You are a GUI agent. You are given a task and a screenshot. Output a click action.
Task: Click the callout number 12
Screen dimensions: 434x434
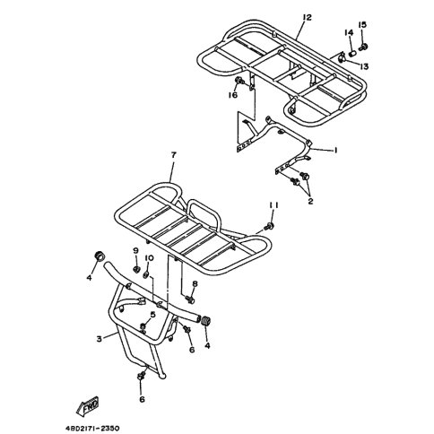pyautogui.click(x=307, y=17)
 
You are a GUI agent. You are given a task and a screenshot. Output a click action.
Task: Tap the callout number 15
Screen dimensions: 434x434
pyautogui.click(x=362, y=24)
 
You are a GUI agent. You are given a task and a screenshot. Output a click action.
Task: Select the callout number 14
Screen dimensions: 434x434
pyautogui.click(x=349, y=32)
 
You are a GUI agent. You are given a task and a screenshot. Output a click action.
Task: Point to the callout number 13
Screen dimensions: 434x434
pyautogui.click(x=364, y=66)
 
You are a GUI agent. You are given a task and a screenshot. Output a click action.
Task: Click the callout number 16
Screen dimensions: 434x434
pyautogui.click(x=233, y=95)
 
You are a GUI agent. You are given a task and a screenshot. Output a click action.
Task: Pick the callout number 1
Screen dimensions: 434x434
pyautogui.click(x=335, y=150)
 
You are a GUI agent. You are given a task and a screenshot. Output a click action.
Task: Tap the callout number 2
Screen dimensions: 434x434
pyautogui.click(x=310, y=201)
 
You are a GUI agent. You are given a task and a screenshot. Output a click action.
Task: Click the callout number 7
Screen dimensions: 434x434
pyautogui.click(x=173, y=155)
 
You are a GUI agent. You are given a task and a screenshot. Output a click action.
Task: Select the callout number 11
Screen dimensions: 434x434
pyautogui.click(x=273, y=205)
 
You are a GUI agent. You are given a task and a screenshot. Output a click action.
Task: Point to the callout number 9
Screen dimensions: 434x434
pyautogui.click(x=135, y=250)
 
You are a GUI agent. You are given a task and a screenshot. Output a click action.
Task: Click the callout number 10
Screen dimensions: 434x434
pyautogui.click(x=149, y=257)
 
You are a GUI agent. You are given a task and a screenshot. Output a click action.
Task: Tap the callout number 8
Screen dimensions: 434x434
pyautogui.click(x=195, y=283)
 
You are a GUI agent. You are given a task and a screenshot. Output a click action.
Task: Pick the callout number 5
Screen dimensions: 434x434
pyautogui.click(x=153, y=314)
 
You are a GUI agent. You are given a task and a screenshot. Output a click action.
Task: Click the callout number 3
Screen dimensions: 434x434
pyautogui.click(x=100, y=339)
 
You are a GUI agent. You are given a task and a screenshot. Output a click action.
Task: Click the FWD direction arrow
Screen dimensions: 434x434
pyautogui.click(x=87, y=407)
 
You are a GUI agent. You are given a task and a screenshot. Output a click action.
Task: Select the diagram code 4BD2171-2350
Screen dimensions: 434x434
pyautogui.click(x=93, y=429)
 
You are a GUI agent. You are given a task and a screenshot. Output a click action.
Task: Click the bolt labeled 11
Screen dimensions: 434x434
pyautogui.click(x=270, y=226)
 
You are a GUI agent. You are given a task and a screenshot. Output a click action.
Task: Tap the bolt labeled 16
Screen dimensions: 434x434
pyautogui.click(x=239, y=81)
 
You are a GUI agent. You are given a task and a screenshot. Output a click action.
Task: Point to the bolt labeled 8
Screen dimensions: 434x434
pyautogui.click(x=190, y=299)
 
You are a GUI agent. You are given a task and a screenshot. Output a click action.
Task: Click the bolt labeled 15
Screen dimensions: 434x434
pyautogui.click(x=363, y=48)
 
